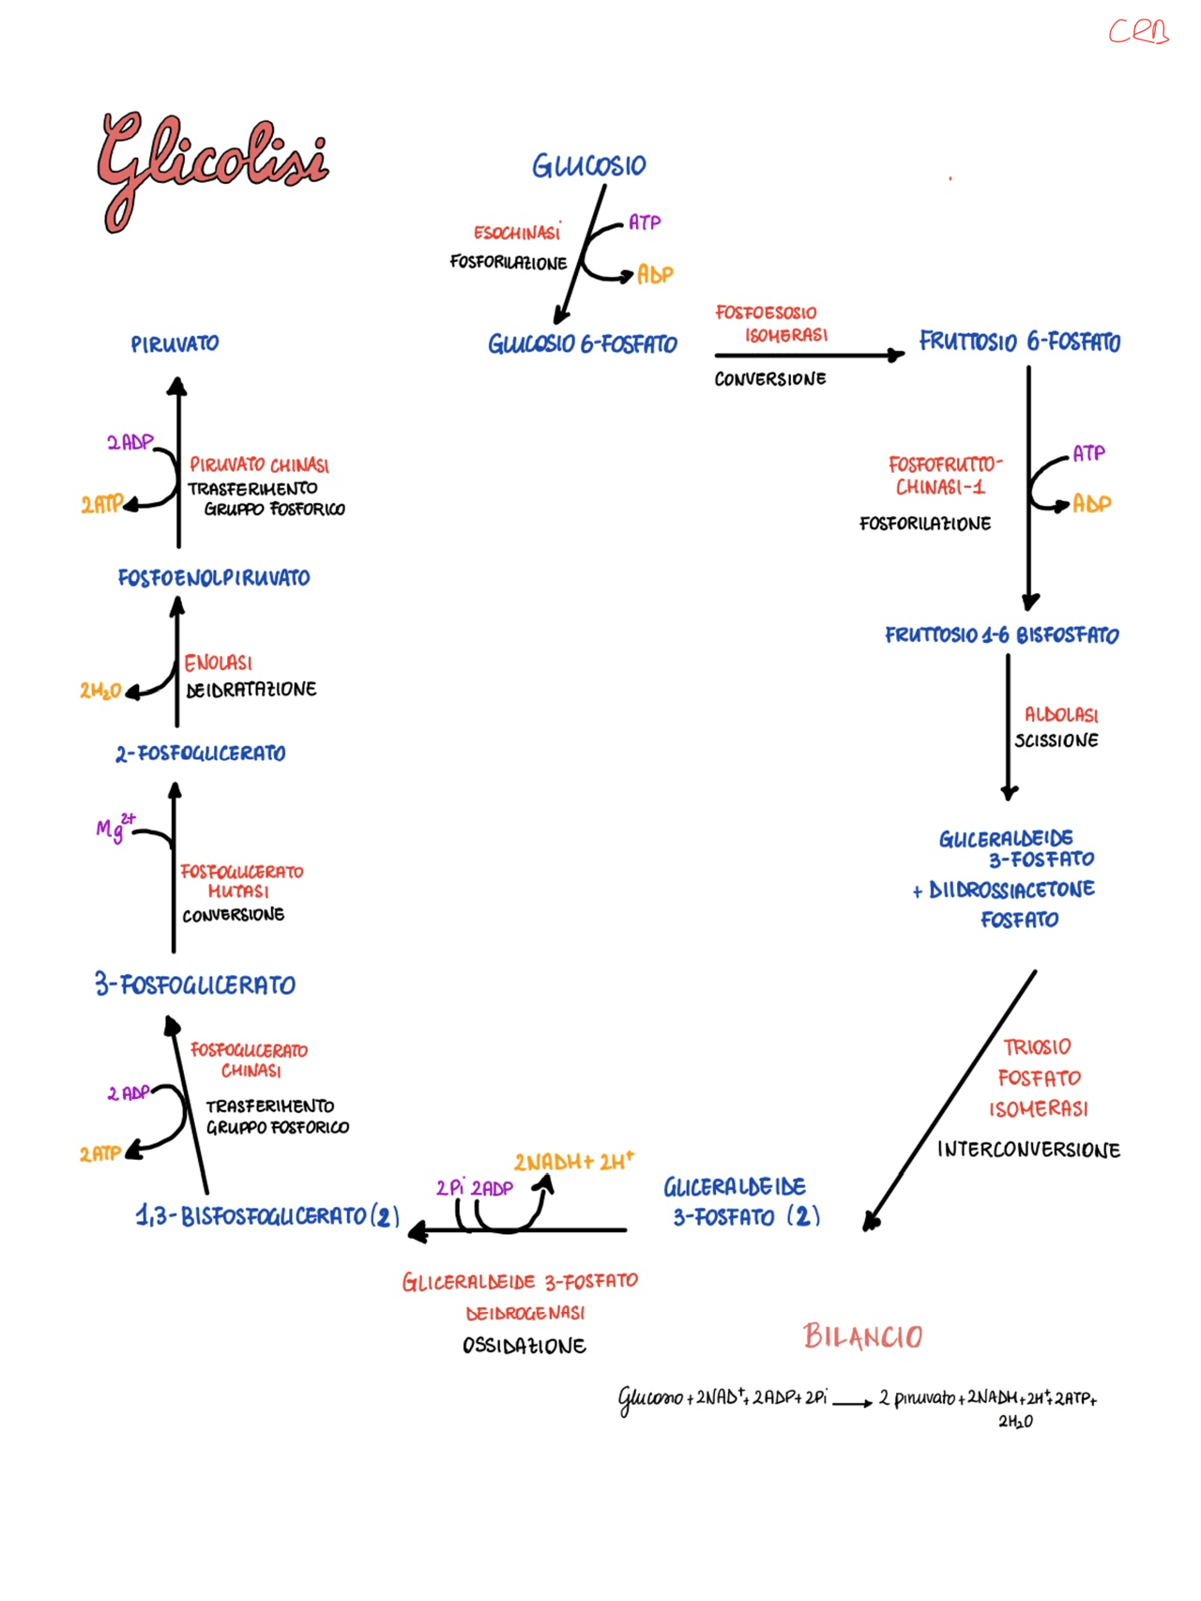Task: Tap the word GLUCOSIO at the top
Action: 589,166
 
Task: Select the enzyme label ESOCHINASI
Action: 516,232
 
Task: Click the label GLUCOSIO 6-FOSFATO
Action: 582,344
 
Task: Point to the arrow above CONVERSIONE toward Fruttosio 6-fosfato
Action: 807,355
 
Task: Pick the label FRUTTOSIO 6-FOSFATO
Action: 1019,342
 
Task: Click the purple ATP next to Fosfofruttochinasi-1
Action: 1088,453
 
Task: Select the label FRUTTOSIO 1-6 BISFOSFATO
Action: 1001,635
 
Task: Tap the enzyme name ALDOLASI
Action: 1060,714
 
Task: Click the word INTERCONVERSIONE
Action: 1028,1150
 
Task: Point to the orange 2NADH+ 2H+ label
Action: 573,1162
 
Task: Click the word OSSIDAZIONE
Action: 524,1346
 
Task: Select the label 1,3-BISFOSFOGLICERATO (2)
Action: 267,1216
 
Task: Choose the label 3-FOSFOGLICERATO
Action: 195,984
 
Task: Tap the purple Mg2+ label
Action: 114,828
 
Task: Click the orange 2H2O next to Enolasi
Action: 99,691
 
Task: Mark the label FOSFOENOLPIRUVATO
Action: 214,578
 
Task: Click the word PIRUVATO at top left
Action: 175,344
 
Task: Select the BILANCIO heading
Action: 862,1335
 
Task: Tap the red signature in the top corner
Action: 1137,32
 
